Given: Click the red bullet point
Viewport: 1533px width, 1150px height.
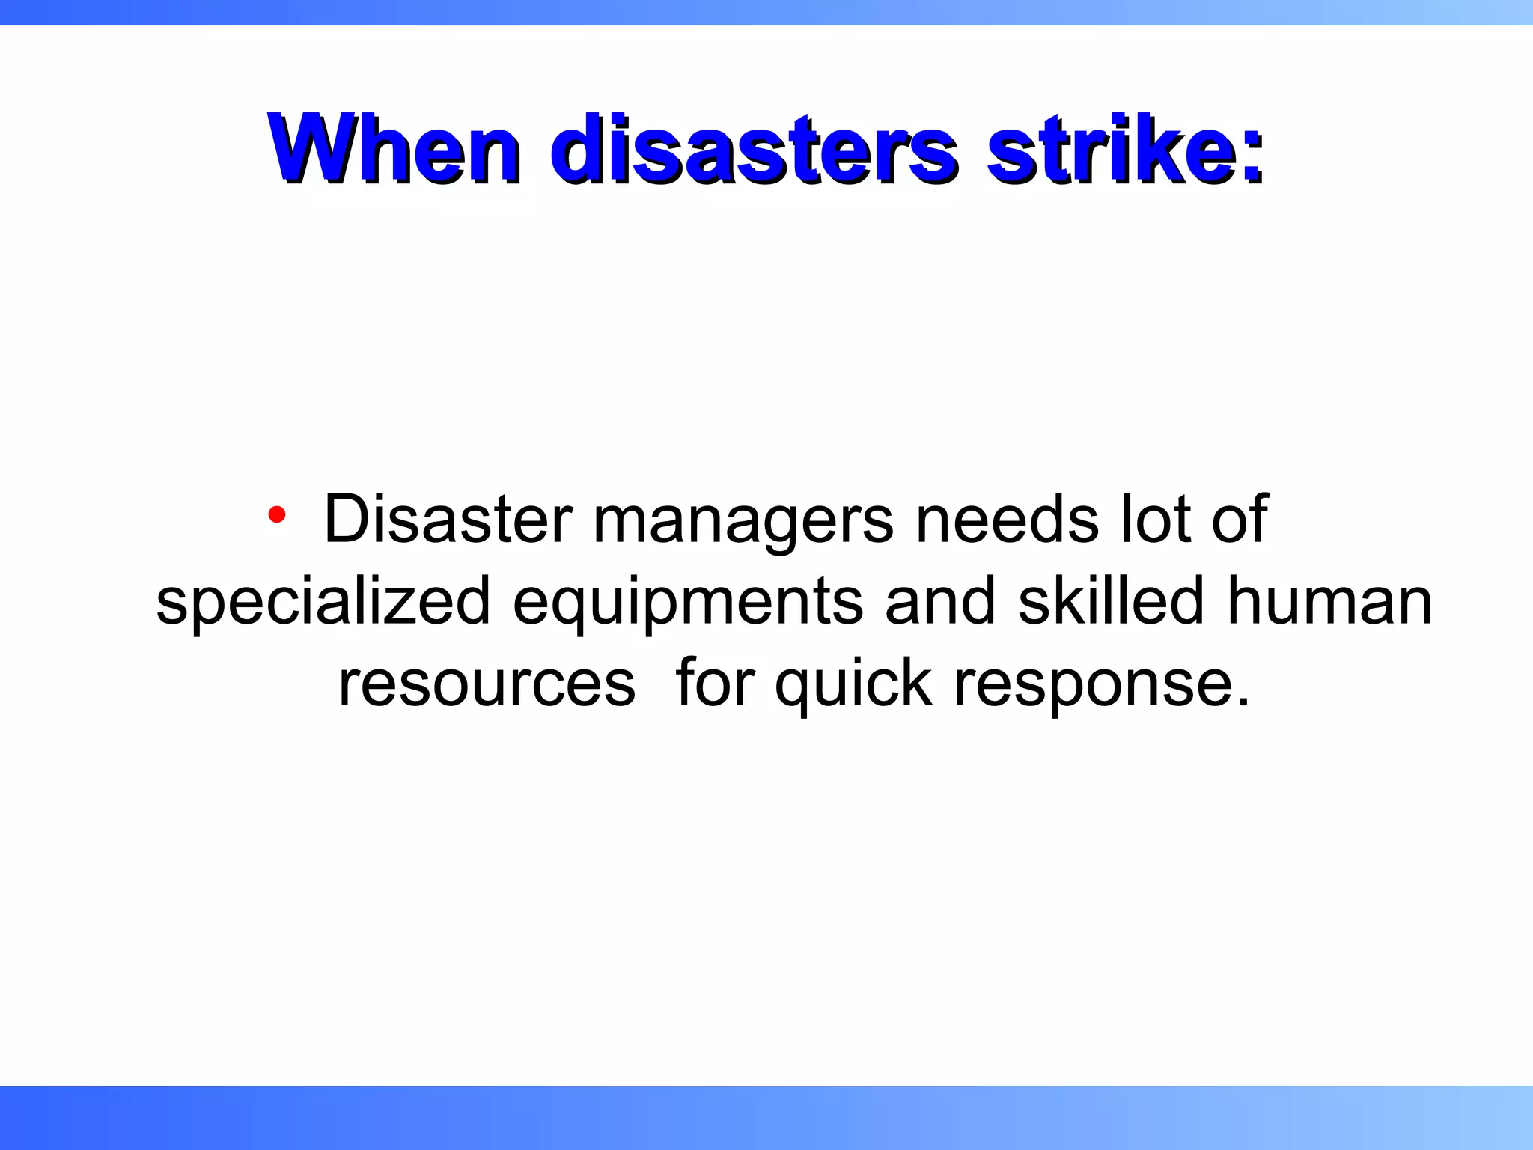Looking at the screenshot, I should [277, 514].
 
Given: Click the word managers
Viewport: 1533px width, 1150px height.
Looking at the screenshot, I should [743, 522].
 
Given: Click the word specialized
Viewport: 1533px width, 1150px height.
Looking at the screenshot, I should [323, 603].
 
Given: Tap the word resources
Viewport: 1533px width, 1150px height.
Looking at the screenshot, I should [487, 684].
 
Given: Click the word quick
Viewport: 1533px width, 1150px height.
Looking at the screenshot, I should [853, 684].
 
